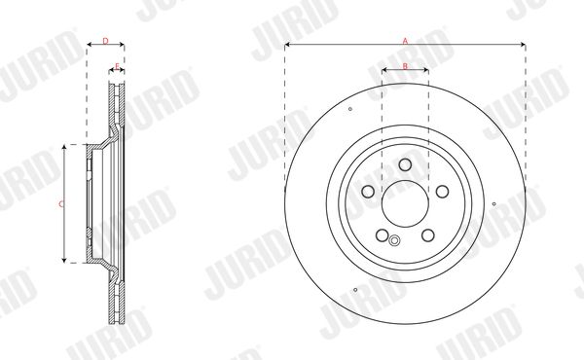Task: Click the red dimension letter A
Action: (x=405, y=41)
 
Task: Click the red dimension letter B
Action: (x=405, y=66)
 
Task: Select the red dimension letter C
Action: (x=61, y=204)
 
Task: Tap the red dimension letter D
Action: (x=105, y=41)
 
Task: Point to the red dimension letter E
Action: (x=117, y=66)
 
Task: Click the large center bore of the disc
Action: (x=405, y=203)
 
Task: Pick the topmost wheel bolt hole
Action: (x=405, y=164)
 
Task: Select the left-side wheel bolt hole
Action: (x=368, y=192)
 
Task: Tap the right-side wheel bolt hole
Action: (x=443, y=192)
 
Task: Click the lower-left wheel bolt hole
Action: (x=383, y=235)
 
